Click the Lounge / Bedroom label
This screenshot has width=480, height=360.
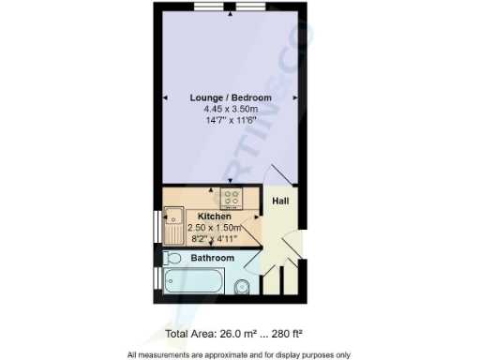(x=231, y=97)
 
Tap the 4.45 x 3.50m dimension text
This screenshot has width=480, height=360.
(x=231, y=109)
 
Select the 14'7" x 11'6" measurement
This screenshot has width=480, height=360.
(x=231, y=121)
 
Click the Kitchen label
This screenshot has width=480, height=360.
(x=214, y=217)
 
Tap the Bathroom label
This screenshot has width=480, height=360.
(x=213, y=257)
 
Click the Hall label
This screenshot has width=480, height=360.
(x=279, y=202)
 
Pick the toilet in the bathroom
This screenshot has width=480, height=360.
(x=172, y=258)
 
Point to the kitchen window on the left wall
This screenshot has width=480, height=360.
(x=156, y=229)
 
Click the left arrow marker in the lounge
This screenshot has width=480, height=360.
(x=166, y=97)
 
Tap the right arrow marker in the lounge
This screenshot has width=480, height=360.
(x=296, y=97)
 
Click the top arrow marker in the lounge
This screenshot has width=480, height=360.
(x=231, y=14)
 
